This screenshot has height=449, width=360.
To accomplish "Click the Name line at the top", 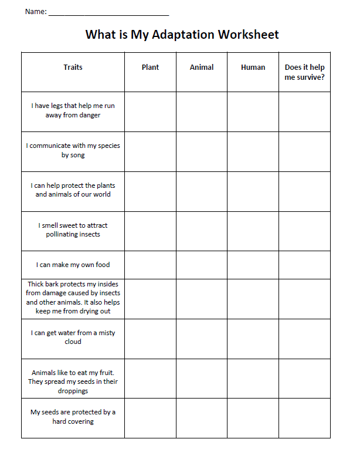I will pos(108,12).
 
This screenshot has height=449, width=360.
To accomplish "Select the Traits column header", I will pos(73,67).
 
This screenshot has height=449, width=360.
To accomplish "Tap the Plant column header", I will pos(150,67).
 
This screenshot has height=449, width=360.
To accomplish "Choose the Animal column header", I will pos(202,67).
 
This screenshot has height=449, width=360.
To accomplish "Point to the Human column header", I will pos(253,67).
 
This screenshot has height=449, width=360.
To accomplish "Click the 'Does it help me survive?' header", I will pos(304,72).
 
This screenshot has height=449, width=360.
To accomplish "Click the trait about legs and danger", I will pos(73,110).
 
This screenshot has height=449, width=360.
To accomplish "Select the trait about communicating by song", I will pos(73,150).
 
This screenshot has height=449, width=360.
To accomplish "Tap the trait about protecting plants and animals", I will pos(73,190).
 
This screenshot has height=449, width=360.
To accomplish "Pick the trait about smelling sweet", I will pos(73,229).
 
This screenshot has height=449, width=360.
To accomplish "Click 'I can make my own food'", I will pos(73,265).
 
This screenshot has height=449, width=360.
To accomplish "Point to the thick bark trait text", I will pos(73,298).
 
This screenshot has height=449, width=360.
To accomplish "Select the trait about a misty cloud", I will pos(73,337).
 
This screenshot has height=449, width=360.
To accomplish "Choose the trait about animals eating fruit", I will pos(73,381).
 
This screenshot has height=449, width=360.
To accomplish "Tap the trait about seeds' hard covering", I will pos(73,417).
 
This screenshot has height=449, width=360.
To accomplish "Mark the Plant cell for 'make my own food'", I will pos(150,265).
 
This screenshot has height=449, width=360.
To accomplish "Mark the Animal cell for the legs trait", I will pos(202,112).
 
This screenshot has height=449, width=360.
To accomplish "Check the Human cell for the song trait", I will pos(253,151).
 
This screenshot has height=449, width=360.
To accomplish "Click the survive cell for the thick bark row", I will pos(304,299).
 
